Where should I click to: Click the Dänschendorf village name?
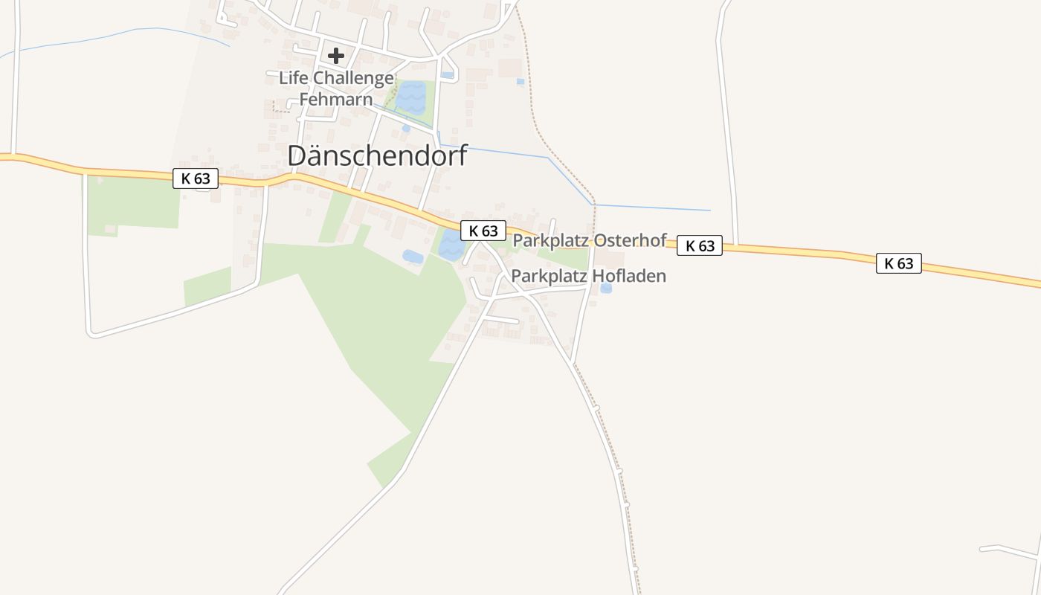[x=377, y=155]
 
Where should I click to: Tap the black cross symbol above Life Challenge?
[x=336, y=55]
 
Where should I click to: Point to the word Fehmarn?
[x=335, y=99]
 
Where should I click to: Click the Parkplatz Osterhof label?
[x=590, y=241]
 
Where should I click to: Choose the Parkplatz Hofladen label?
[x=588, y=276]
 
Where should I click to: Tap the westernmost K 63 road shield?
[x=196, y=178]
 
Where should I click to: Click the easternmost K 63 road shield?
[x=898, y=263]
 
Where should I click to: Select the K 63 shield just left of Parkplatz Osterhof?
[x=483, y=231]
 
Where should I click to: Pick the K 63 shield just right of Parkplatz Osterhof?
[x=700, y=245]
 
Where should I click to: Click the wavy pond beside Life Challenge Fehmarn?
[x=411, y=97]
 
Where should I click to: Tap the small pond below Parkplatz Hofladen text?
[x=606, y=288]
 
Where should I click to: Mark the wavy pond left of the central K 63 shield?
[x=450, y=245]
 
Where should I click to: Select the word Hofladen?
[x=631, y=276]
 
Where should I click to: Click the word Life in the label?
[x=294, y=77]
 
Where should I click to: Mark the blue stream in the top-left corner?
[x=112, y=36]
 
